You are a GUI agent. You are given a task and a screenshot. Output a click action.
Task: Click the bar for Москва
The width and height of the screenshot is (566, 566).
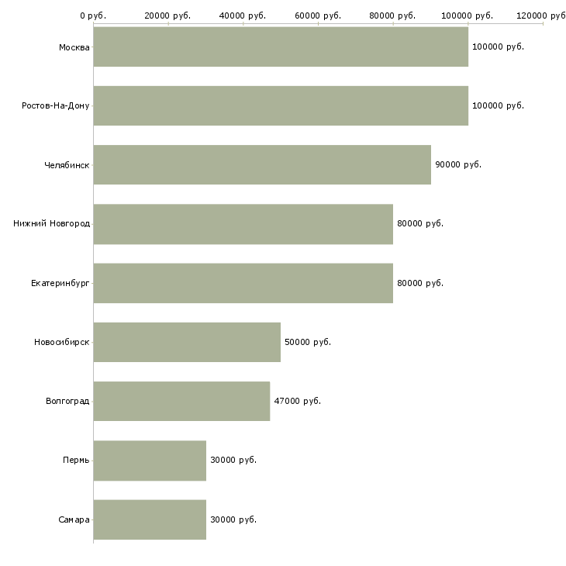click(x=281, y=47)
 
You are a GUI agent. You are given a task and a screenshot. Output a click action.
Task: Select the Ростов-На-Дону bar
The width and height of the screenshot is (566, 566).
click(x=281, y=105)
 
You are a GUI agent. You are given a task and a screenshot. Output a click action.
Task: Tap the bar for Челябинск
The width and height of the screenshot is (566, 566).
click(x=262, y=165)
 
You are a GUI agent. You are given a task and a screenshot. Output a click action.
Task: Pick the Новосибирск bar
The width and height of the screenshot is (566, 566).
click(x=187, y=342)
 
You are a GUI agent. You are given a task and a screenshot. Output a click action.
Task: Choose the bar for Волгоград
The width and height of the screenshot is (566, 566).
click(x=181, y=401)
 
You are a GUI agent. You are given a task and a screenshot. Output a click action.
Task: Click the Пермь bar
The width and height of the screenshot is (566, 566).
click(x=150, y=461)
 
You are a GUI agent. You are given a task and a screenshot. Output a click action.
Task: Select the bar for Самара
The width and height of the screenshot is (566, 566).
click(x=150, y=519)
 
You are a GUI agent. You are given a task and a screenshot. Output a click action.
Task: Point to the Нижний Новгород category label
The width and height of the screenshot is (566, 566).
click(x=52, y=224)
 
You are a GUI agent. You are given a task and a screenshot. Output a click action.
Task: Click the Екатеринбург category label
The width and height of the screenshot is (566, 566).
click(x=60, y=283)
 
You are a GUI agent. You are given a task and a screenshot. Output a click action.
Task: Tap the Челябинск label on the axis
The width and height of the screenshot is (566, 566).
click(x=67, y=165)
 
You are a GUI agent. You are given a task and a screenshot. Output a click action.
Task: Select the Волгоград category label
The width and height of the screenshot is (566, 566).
click(x=67, y=401)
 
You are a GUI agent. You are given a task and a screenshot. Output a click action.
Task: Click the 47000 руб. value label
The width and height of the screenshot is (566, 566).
click(x=298, y=401)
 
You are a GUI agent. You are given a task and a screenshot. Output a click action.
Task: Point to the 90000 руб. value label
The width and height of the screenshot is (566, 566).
click(x=458, y=164)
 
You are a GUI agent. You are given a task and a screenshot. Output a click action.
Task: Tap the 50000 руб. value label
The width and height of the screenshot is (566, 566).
click(x=308, y=342)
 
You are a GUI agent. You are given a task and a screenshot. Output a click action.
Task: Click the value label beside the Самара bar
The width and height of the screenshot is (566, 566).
click(x=233, y=519)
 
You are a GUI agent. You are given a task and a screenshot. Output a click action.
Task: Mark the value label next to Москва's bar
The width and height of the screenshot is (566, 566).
click(x=498, y=47)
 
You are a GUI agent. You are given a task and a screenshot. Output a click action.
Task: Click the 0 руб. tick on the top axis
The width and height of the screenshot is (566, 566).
click(x=93, y=16)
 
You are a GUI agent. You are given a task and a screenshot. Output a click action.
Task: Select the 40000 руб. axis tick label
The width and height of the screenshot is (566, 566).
click(x=243, y=16)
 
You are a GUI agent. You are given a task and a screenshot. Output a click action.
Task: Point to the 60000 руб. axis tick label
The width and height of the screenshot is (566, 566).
click(x=318, y=16)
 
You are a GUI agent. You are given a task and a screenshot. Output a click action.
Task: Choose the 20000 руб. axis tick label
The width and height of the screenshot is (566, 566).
click(x=167, y=16)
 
